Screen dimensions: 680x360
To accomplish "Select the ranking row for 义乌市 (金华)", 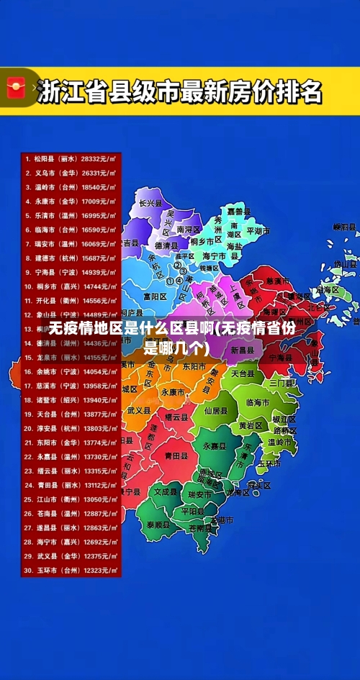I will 70,173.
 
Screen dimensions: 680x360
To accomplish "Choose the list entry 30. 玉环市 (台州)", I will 70,570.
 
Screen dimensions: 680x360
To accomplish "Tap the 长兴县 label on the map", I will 151,203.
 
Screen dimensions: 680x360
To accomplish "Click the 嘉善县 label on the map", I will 238,212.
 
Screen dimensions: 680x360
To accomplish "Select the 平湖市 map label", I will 257,231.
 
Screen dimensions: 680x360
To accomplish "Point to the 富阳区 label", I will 155,296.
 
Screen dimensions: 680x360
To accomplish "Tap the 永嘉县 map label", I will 215,446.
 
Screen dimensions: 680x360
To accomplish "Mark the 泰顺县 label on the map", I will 159,525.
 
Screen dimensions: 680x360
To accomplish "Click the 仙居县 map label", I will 215,411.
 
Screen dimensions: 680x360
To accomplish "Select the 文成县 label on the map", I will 166,491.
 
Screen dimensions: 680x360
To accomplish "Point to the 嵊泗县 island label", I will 345,227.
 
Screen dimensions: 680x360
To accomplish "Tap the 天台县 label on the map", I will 243,374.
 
